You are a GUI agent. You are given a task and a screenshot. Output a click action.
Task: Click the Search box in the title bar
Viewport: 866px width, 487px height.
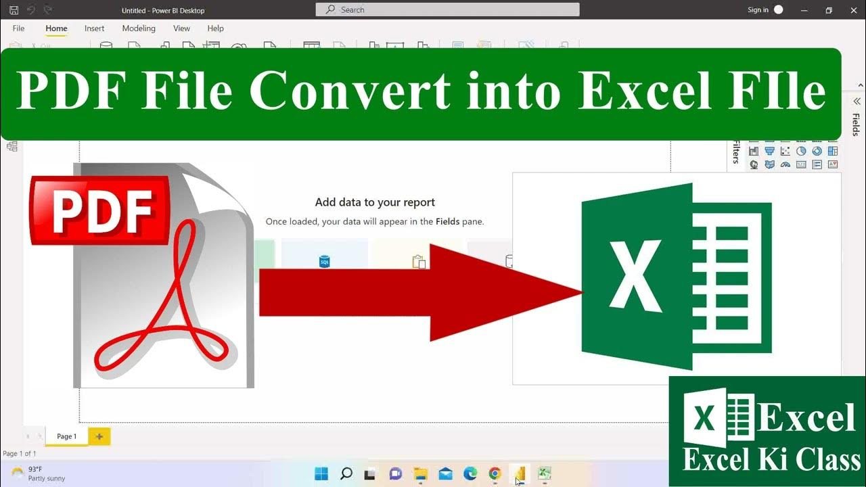click(x=447, y=9)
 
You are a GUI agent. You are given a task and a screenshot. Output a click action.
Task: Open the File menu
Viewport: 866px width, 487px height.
click(x=18, y=28)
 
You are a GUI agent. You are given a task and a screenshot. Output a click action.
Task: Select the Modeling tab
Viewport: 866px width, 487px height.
click(x=139, y=28)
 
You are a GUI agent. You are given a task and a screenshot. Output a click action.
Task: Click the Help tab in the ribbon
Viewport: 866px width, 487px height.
click(x=215, y=28)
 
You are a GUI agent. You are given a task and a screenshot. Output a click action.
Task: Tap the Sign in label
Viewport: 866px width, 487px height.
click(x=758, y=10)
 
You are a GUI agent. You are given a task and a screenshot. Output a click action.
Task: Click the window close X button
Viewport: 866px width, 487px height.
click(x=853, y=10)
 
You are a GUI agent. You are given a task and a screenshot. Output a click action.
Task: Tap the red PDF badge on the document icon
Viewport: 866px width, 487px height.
click(x=99, y=210)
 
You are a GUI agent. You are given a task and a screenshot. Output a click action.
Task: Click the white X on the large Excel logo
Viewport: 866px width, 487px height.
click(x=636, y=277)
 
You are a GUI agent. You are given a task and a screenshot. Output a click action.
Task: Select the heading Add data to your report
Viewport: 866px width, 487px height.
click(x=375, y=202)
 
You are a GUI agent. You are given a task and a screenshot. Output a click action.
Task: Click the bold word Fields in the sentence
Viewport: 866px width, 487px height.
click(x=447, y=221)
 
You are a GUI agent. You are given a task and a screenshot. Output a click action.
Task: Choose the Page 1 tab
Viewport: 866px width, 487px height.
click(x=66, y=436)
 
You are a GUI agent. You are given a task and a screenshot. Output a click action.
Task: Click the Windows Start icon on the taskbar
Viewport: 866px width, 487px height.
click(x=321, y=473)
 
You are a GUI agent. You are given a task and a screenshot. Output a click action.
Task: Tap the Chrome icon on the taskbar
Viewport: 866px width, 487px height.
click(x=495, y=473)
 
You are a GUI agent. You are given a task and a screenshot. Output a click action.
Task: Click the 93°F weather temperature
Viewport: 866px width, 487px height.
click(x=35, y=469)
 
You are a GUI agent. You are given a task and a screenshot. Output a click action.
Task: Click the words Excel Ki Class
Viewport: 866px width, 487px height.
click(x=771, y=461)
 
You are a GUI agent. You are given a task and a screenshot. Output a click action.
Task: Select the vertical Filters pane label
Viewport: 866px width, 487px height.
click(x=736, y=153)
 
